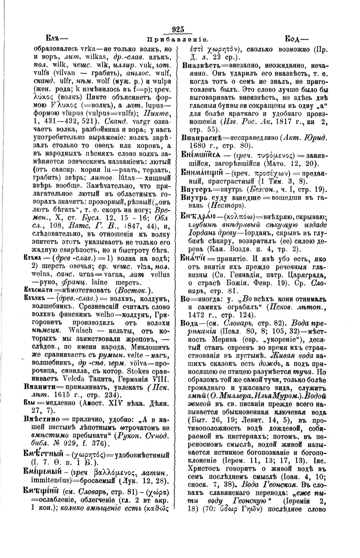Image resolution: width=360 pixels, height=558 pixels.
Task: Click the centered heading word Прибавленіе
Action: [178, 40]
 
